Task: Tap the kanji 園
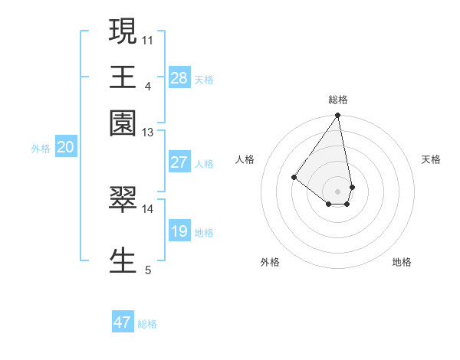pyautogui.click(x=123, y=122)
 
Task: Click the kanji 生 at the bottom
pyautogui.click(x=123, y=260)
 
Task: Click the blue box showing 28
pyautogui.click(x=179, y=78)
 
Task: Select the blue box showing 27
pyautogui.click(x=179, y=162)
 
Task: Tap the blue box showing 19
pyautogui.click(x=179, y=231)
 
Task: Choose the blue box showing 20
pyautogui.click(x=65, y=148)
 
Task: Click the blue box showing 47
pyautogui.click(x=123, y=322)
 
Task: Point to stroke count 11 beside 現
pyautogui.click(x=147, y=39)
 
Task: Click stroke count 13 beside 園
pyautogui.click(x=147, y=133)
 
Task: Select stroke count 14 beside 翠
pyautogui.click(x=147, y=208)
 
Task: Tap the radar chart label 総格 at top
pyautogui.click(x=337, y=100)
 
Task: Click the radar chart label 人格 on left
pyautogui.click(x=245, y=159)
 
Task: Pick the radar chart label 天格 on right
pyautogui.click(x=431, y=159)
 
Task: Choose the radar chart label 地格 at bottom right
pyautogui.click(x=402, y=262)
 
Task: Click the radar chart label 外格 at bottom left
pyautogui.click(x=270, y=262)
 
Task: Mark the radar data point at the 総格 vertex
pyautogui.click(x=337, y=116)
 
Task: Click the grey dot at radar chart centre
pyautogui.click(x=337, y=191)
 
